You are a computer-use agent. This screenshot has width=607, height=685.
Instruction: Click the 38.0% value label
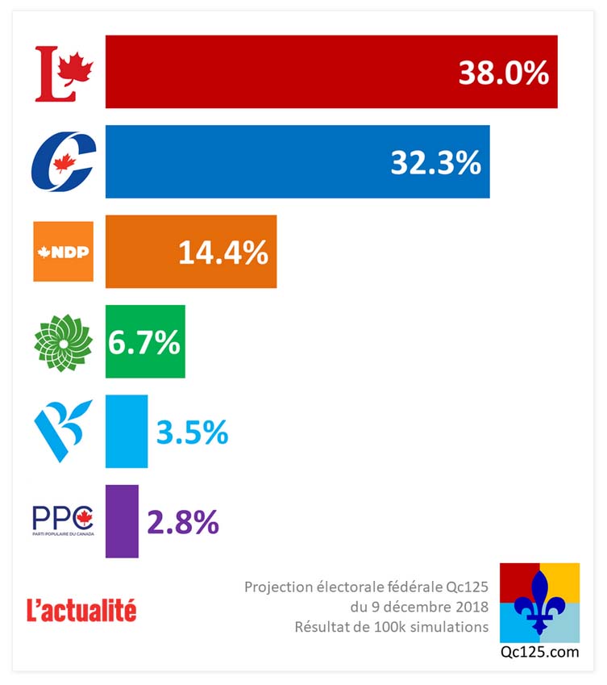point(504,73)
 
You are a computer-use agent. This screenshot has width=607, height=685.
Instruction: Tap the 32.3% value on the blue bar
point(435,163)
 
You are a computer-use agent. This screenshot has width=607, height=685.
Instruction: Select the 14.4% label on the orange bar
point(222,253)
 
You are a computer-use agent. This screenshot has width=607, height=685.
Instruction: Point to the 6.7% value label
point(143,343)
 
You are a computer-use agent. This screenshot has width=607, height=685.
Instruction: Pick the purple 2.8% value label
point(183,522)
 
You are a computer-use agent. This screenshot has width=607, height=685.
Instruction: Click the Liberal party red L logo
point(64,73)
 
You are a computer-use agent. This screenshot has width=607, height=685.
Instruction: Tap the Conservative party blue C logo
point(63,161)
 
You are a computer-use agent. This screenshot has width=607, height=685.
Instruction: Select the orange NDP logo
point(63,251)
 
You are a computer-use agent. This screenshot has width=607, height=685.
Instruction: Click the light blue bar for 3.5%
point(127,432)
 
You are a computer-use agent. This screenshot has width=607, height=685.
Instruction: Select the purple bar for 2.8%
point(122,521)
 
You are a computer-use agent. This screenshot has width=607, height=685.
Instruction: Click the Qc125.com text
point(539,654)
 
